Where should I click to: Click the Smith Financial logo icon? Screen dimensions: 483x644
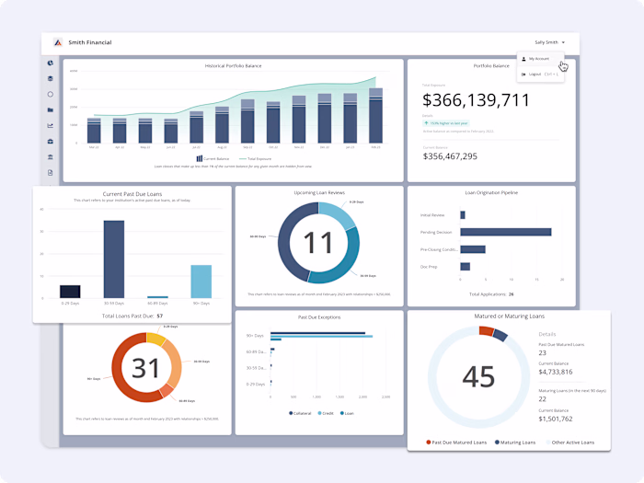pyautogui.click(x=57, y=42)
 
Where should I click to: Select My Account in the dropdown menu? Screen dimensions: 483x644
pyautogui.click(x=538, y=58)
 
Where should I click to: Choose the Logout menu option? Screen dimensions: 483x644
pyautogui.click(x=538, y=74)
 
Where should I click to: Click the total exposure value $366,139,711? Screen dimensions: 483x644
pyautogui.click(x=476, y=100)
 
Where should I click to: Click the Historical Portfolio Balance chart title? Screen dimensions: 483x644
pyautogui.click(x=233, y=66)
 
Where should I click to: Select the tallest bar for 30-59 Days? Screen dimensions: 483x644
pyautogui.click(x=113, y=259)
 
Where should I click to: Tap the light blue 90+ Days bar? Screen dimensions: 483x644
pyautogui.click(x=201, y=282)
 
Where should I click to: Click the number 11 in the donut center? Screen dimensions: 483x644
pyautogui.click(x=317, y=242)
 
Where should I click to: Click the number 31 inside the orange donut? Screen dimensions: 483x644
pyautogui.click(x=145, y=368)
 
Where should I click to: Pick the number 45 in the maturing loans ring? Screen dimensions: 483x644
pyautogui.click(x=478, y=377)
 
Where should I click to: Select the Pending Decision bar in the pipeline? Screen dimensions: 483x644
pyautogui.click(x=505, y=232)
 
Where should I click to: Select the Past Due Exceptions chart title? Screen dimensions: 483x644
pyautogui.click(x=318, y=316)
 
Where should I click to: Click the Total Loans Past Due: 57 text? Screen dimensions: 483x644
pyautogui.click(x=132, y=316)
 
